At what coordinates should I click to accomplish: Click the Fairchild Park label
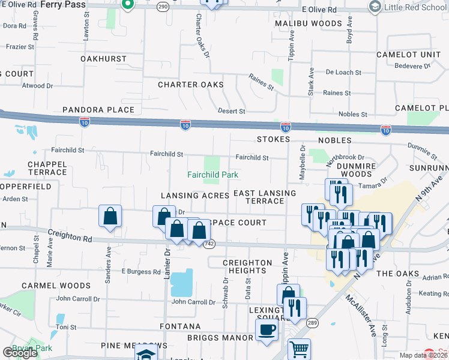(212, 175)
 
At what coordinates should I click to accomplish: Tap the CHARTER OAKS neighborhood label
(191, 85)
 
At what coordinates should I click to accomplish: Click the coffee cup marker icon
(267, 329)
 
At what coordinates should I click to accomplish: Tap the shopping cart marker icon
(299, 349)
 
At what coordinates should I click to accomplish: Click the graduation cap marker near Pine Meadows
(146, 354)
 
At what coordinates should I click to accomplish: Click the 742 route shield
(209, 244)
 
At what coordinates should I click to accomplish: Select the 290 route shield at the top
(162, 6)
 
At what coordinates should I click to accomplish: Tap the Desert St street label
(231, 112)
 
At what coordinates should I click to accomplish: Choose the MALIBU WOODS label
(309, 23)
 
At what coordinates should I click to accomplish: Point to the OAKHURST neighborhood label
(103, 59)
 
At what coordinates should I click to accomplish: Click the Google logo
(20, 353)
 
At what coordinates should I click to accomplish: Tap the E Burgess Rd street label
(140, 271)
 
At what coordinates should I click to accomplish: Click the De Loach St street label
(343, 72)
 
